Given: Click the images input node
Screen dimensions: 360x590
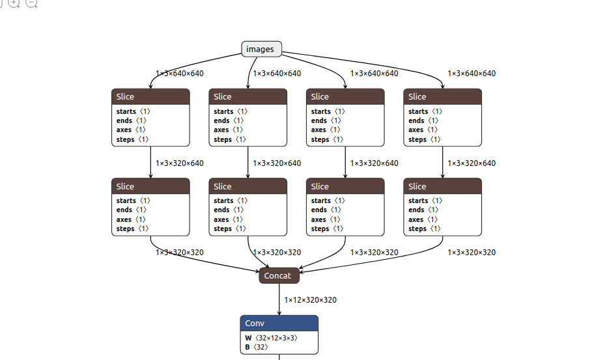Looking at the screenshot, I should point(261,49).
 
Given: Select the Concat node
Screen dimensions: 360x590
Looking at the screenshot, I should point(279,275).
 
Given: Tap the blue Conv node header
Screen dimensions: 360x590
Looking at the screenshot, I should point(279,323).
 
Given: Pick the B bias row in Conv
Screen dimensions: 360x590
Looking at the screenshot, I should point(257,348).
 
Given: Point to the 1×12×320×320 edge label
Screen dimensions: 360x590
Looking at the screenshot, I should point(310,300).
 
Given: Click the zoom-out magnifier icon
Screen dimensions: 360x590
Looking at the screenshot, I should point(31,3).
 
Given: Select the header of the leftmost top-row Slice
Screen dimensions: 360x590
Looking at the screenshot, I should point(150,96).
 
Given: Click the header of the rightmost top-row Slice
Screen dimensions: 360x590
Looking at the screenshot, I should point(442,96).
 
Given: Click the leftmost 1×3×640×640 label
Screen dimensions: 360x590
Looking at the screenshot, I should point(179,74).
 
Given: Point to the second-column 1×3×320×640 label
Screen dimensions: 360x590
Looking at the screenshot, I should point(277,163).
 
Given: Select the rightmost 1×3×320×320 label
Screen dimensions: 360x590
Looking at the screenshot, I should point(471,252).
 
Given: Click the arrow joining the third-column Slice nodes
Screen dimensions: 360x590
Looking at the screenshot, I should point(345,162).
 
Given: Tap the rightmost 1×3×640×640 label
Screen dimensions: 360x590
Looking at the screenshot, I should point(471,74).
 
